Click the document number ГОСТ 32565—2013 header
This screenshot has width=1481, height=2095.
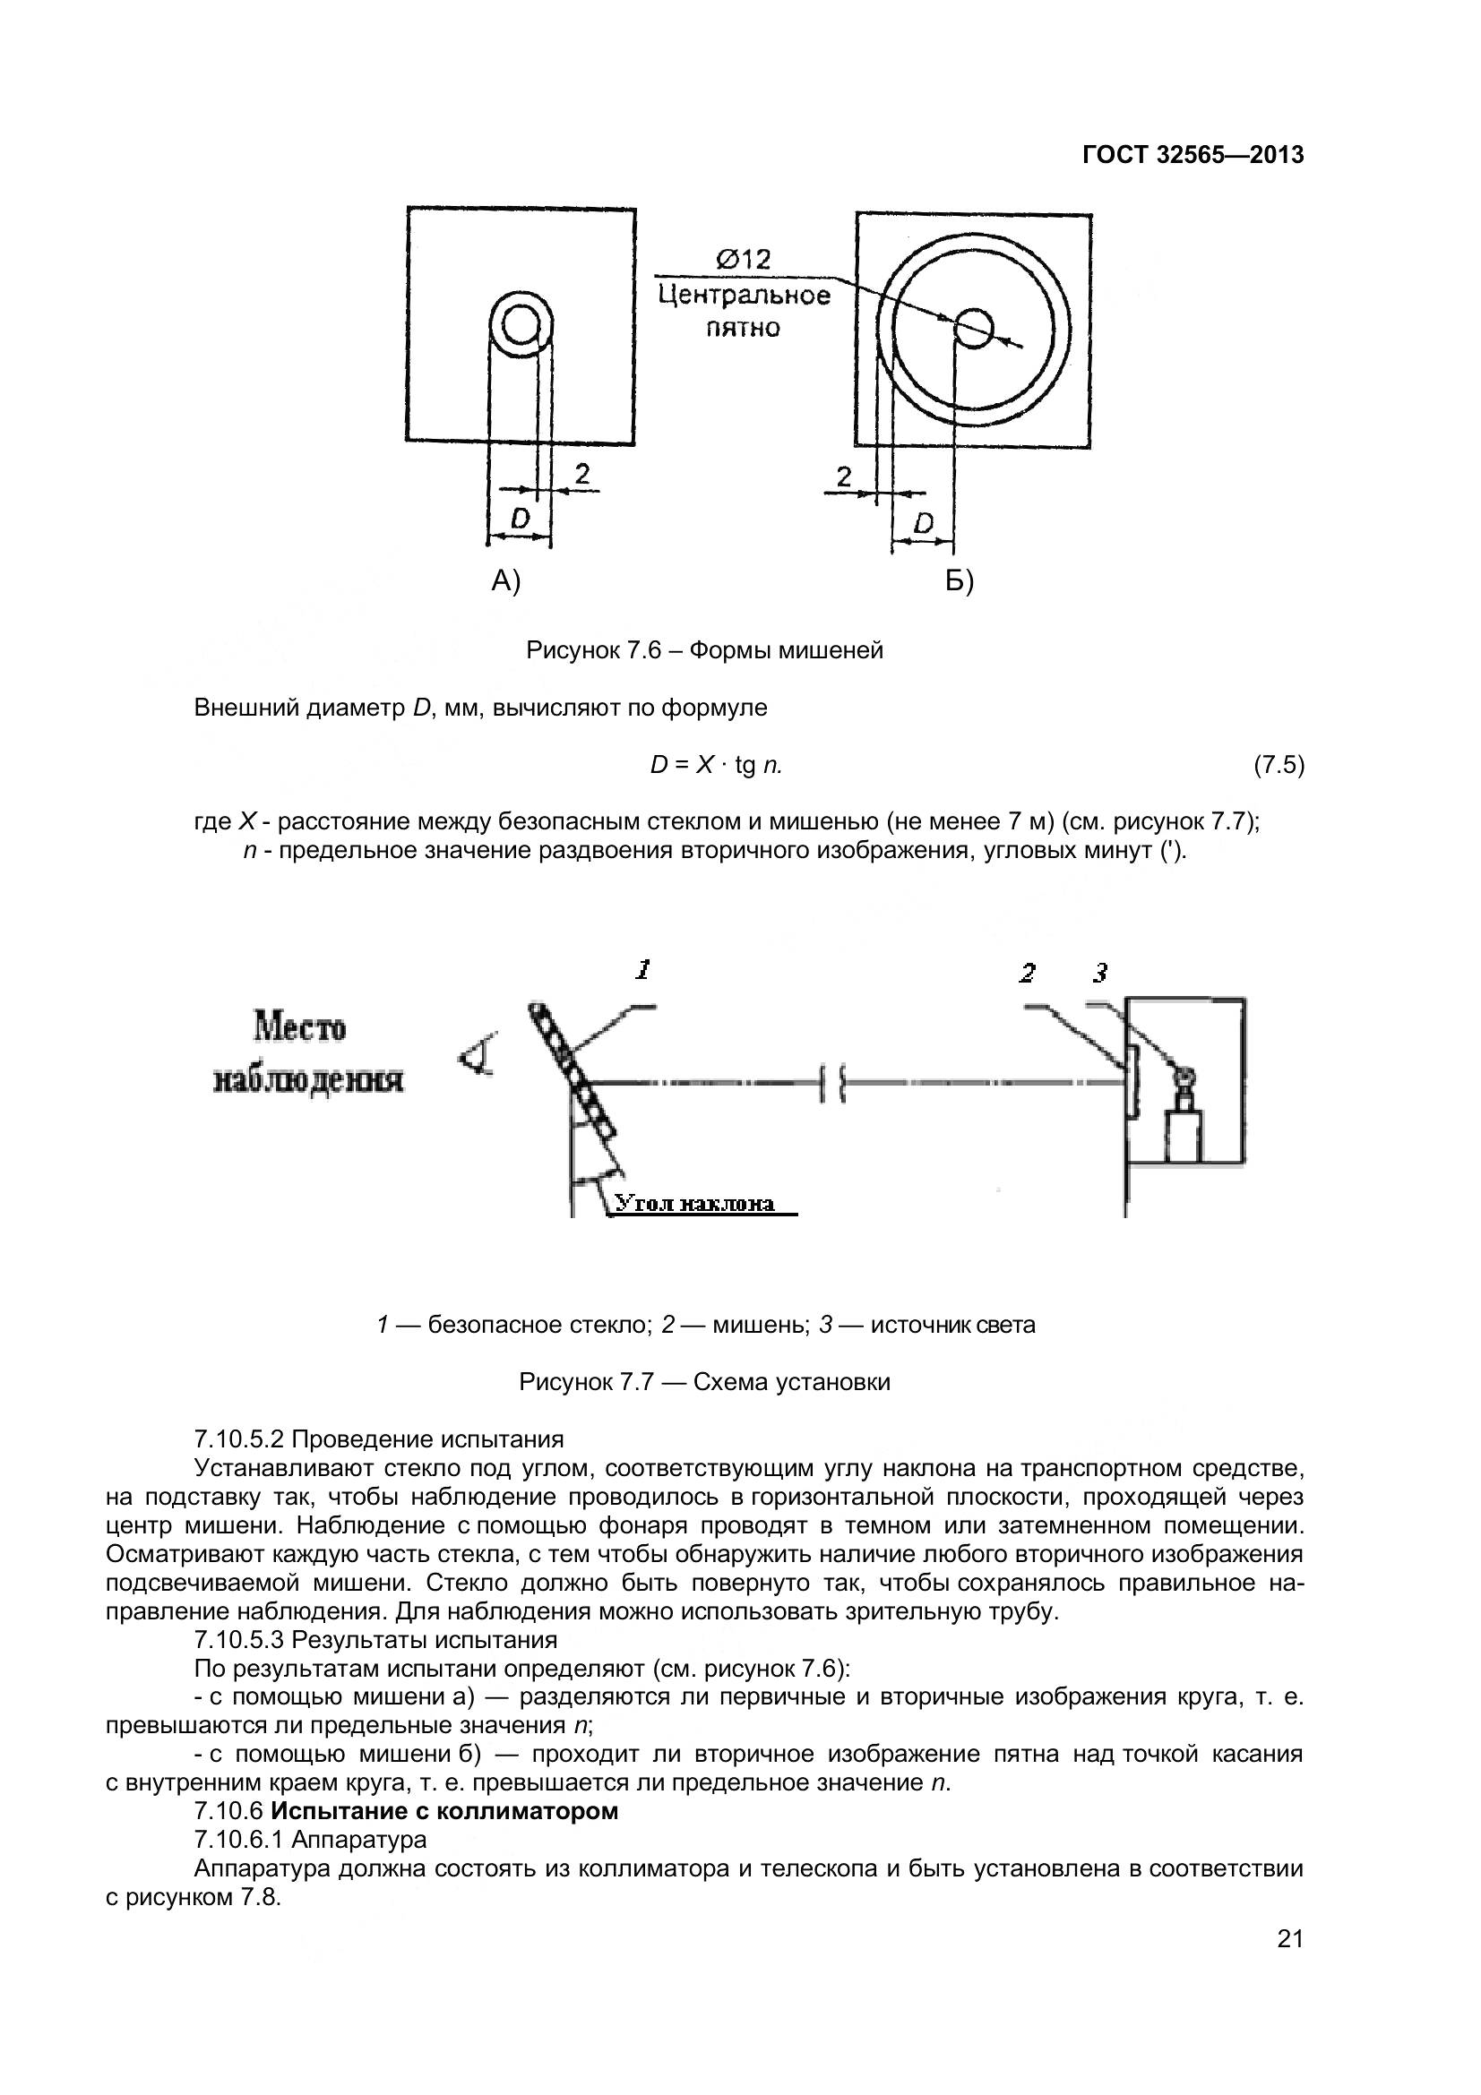coord(1193,155)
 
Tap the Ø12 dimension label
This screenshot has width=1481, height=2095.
coord(743,260)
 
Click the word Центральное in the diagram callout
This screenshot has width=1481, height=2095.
coord(744,296)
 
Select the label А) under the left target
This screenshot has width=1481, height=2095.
coord(505,580)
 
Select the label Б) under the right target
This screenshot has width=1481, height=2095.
coord(959,580)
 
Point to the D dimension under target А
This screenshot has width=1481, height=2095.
coord(521,519)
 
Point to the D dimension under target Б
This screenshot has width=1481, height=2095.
coord(924,523)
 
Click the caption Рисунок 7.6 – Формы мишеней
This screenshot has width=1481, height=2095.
coord(704,650)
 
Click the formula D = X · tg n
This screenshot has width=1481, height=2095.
coord(717,766)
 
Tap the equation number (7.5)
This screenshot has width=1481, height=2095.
coord(1279,766)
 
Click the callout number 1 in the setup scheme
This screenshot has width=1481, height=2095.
coord(643,970)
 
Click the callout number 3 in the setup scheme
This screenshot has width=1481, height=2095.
coord(1100,974)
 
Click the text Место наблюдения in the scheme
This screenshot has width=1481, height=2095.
coord(307,1054)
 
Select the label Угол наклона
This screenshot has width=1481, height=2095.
coord(694,1204)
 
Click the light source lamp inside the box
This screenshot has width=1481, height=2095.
coord(1185,1081)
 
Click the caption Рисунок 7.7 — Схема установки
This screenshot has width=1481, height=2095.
coord(704,1382)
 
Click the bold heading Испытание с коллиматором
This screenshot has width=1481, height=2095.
coord(444,1811)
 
